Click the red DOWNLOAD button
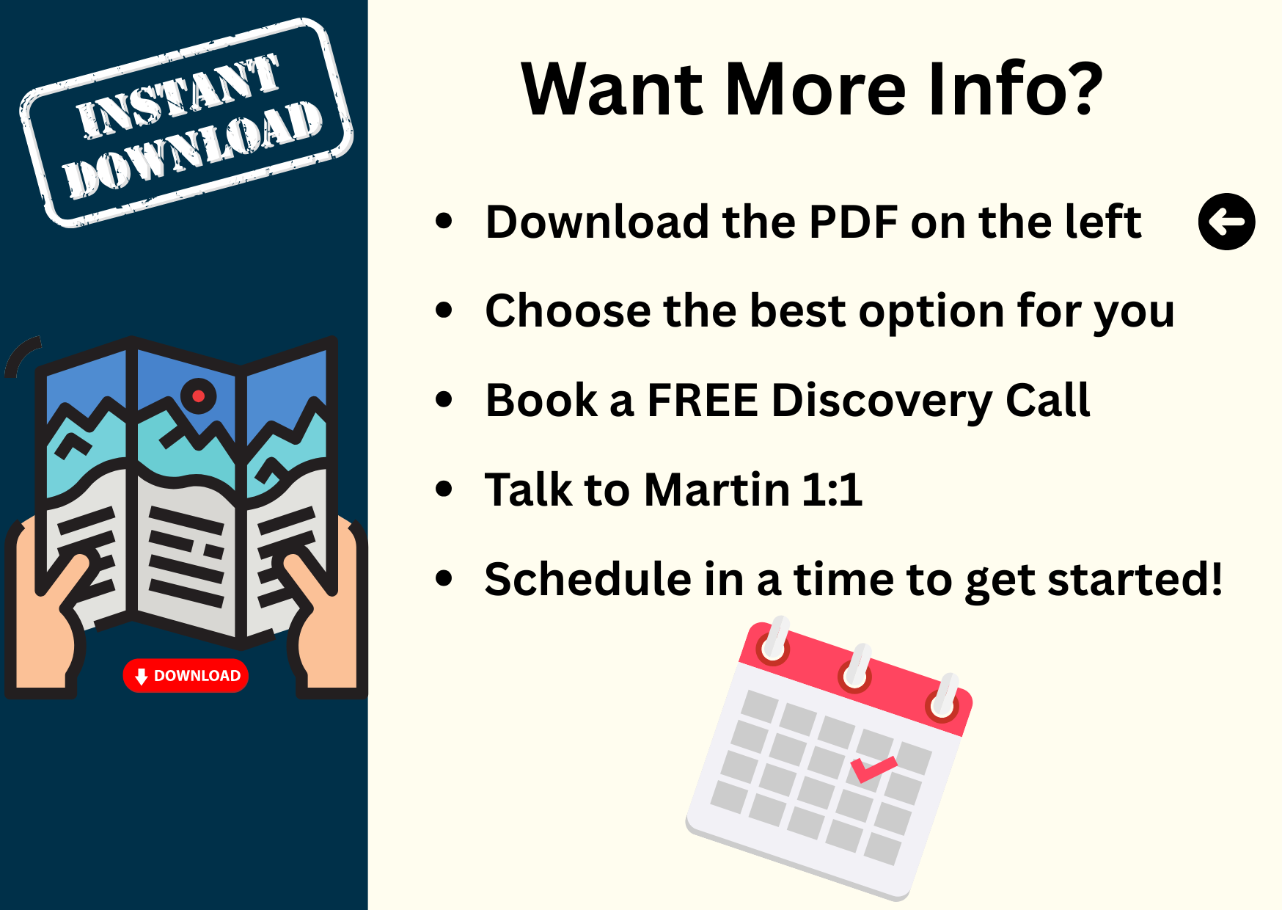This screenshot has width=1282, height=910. point(186,676)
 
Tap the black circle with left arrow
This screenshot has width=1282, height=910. point(1226,222)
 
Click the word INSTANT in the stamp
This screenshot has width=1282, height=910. point(178,96)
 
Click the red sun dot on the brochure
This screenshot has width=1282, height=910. point(198,396)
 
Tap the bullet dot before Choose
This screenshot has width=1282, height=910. point(444,310)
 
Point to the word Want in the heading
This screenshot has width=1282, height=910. point(613,89)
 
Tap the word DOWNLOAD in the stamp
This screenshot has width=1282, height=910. point(193,150)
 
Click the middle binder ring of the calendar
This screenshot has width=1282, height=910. point(857,668)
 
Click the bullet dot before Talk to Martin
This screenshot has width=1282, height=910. point(444,489)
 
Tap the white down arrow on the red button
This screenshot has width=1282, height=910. point(142,677)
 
